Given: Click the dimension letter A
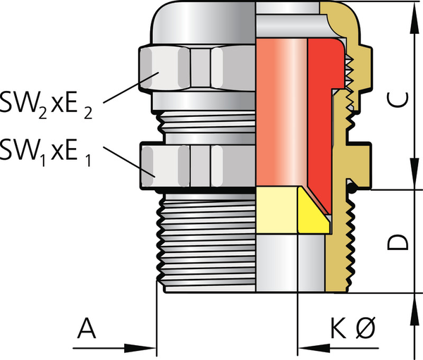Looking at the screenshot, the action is click(x=87, y=328).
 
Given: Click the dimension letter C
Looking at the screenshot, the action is click(x=398, y=99).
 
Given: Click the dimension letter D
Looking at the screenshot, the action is click(x=398, y=242).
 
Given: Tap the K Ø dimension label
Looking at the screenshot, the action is click(x=353, y=328).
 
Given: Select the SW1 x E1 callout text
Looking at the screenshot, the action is click(x=45, y=153).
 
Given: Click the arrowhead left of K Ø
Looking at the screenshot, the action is click(x=314, y=348).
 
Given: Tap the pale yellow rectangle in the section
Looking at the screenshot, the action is click(x=277, y=210).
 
